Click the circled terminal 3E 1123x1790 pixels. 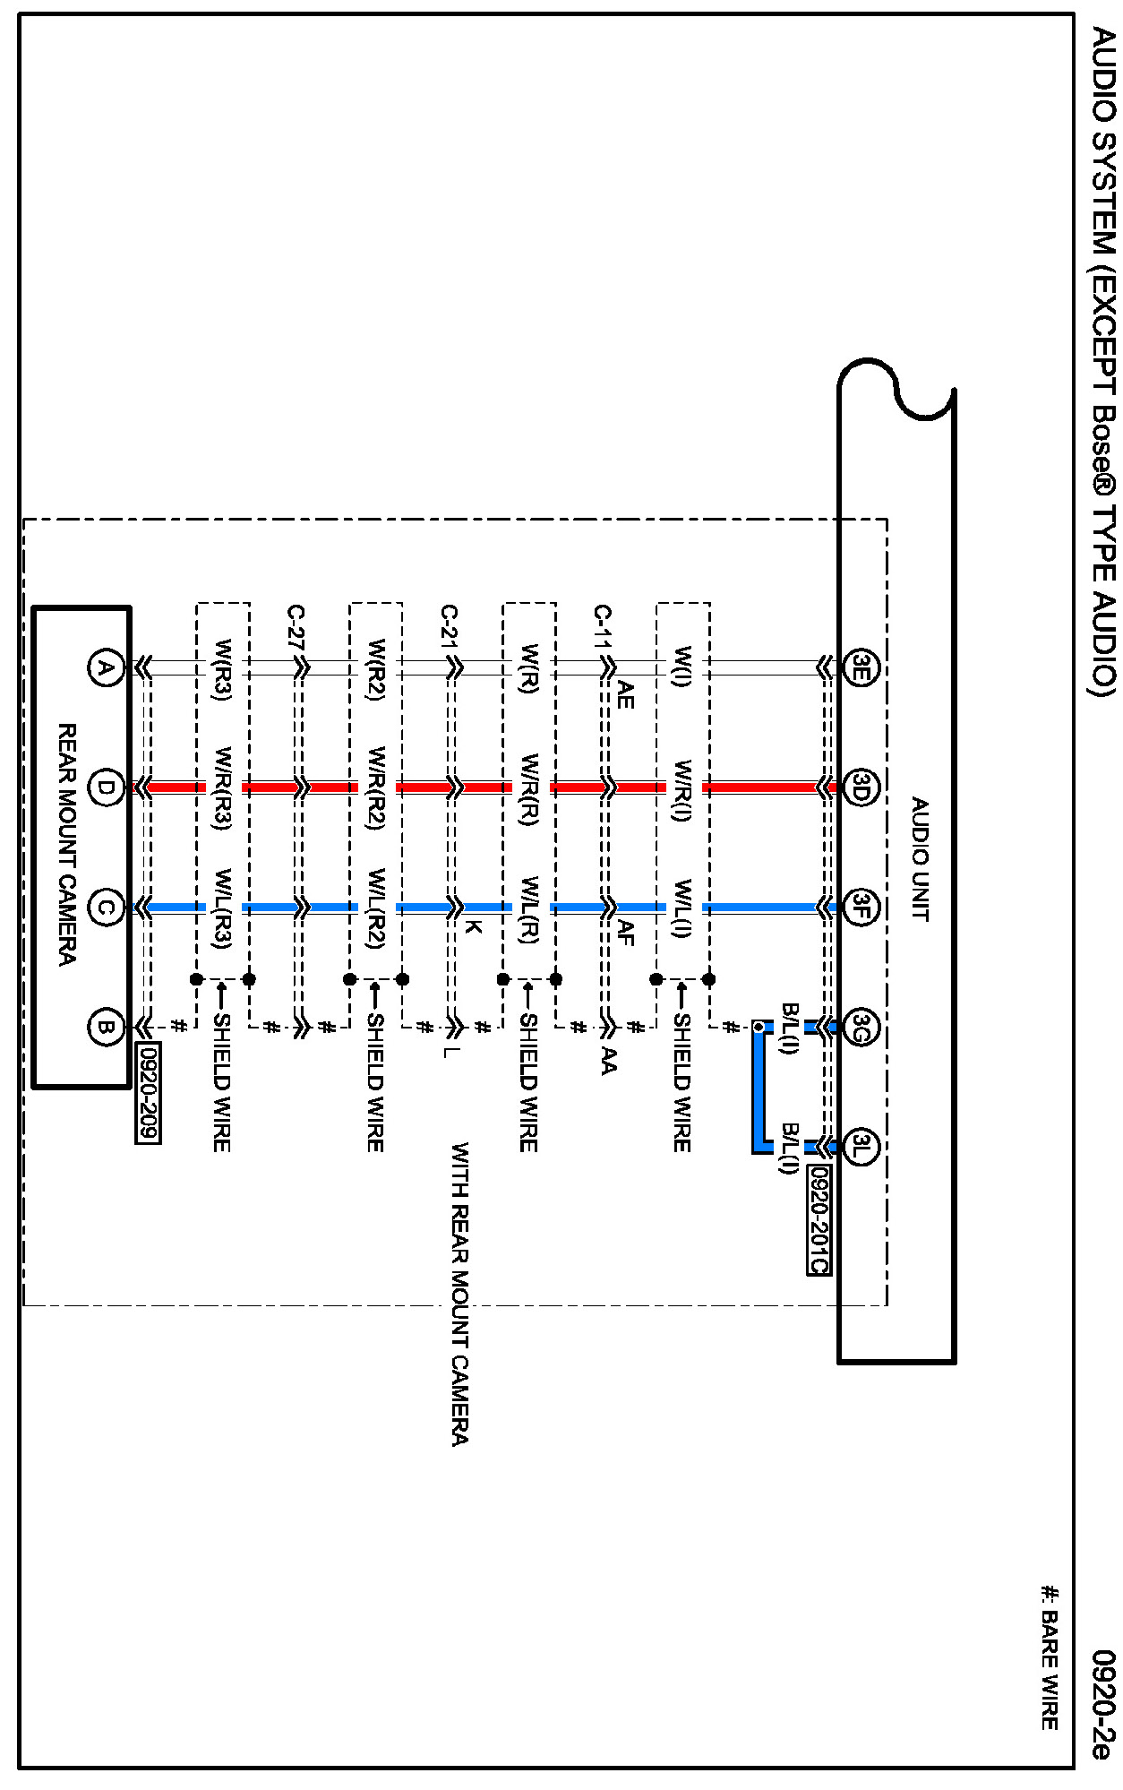[x=861, y=667]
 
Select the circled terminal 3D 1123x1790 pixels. [x=861, y=788]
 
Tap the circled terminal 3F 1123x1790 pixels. [x=861, y=908]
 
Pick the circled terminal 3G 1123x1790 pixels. [x=861, y=1027]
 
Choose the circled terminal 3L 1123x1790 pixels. [x=861, y=1146]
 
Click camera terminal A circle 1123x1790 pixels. [x=106, y=667]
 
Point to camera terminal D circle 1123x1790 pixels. [x=106, y=788]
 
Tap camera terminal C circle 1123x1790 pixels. [x=106, y=908]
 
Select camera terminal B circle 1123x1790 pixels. [x=106, y=1027]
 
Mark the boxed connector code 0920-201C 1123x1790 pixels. [x=819, y=1219]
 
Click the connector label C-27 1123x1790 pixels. [x=296, y=637]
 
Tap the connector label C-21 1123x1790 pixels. [x=450, y=637]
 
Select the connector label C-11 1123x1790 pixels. [x=603, y=637]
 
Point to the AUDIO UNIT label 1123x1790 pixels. [x=919, y=859]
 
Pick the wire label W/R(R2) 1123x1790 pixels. [x=376, y=789]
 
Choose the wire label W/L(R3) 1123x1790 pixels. [x=223, y=908]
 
